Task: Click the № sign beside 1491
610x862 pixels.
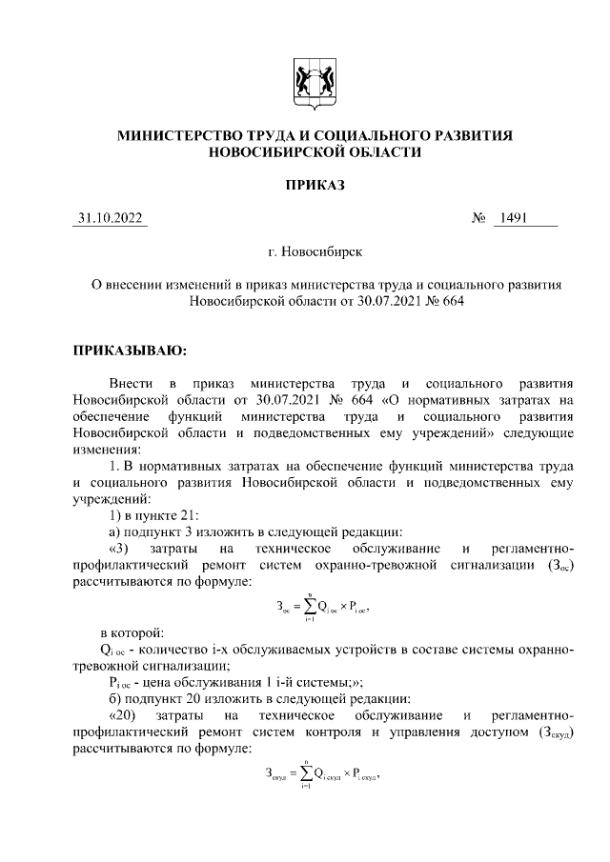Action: click(479, 219)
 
